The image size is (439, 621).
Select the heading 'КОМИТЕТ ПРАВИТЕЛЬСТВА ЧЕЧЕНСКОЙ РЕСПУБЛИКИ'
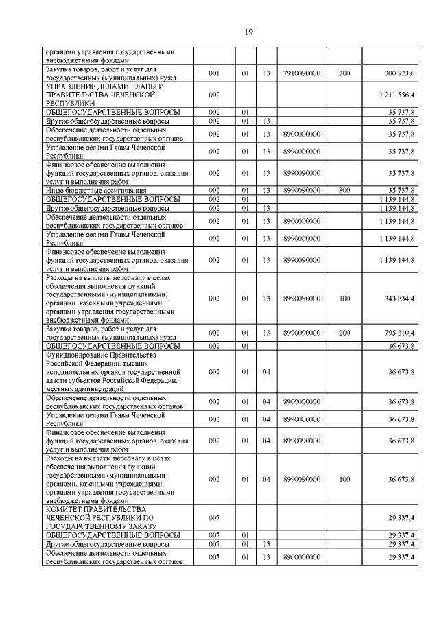pyautogui.click(x=95, y=517)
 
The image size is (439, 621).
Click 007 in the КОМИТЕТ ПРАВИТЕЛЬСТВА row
pyautogui.click(x=214, y=517)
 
